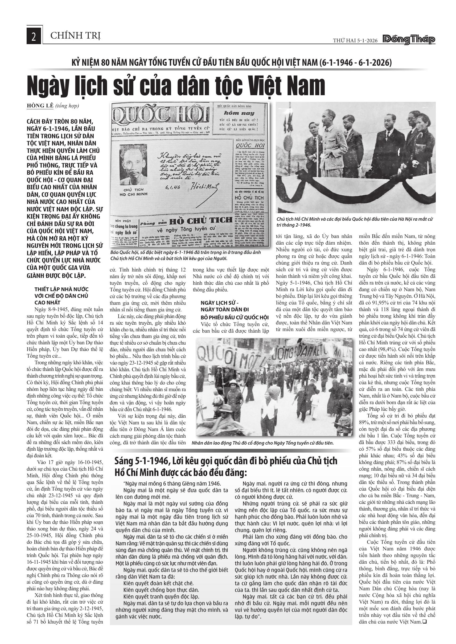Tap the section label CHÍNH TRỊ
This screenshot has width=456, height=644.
(75, 36)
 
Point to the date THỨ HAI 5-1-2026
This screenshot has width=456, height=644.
(355, 40)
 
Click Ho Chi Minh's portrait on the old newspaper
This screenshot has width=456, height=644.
(133, 165)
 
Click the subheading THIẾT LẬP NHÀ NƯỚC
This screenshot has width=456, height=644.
(61, 289)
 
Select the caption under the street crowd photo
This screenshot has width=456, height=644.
(262, 443)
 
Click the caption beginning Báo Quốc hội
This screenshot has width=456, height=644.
(186, 255)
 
